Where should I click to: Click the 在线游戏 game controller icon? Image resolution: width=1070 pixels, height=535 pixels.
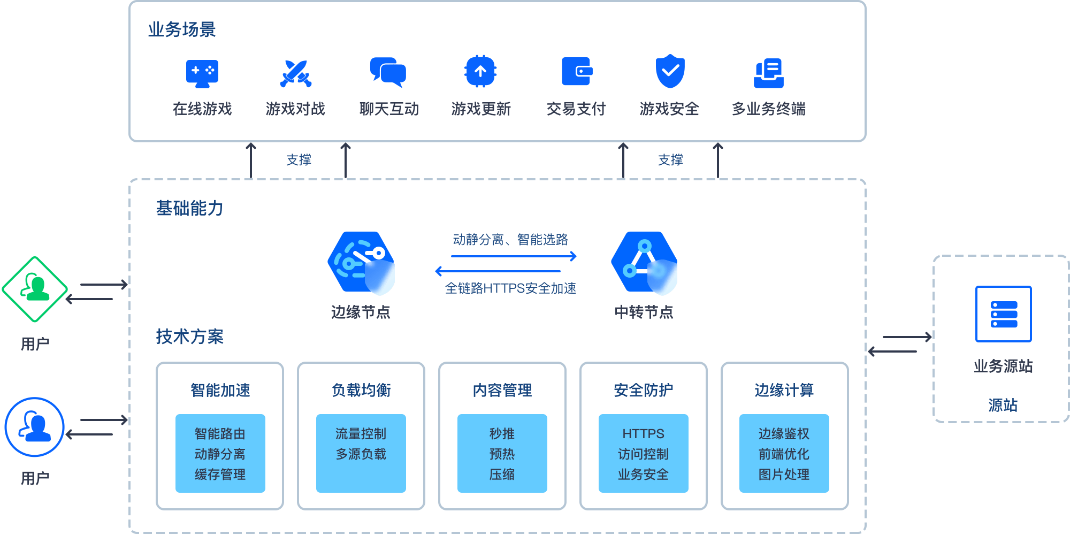202,74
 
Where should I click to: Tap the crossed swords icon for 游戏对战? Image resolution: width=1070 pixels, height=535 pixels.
295,73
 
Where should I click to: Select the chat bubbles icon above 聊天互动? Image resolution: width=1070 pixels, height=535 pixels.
388,72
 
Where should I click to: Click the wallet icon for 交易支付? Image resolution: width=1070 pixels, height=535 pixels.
577,71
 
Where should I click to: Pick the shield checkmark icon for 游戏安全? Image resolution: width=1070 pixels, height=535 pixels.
670,71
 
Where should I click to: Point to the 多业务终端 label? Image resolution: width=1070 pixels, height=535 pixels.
768,109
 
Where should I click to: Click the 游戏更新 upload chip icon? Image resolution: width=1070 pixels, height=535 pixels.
480,71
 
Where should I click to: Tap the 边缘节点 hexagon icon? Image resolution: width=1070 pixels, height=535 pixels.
361,263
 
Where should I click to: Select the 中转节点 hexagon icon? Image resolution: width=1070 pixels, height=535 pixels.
644,263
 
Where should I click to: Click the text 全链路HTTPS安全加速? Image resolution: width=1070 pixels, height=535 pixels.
510,288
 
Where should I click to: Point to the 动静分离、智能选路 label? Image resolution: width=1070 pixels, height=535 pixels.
510,239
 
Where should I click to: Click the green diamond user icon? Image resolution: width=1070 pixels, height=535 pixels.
35,289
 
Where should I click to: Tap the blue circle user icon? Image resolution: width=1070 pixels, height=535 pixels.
35,427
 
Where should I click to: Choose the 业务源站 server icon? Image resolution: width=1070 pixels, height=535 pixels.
1003,314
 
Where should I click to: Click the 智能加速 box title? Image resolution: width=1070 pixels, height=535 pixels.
220,390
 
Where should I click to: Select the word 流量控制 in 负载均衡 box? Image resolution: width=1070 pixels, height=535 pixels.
361,433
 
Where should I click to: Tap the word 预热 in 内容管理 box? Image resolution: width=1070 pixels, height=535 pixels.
502,454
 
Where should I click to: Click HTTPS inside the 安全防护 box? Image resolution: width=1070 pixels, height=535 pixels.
643,433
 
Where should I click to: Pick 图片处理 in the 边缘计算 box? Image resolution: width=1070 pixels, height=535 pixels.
784,474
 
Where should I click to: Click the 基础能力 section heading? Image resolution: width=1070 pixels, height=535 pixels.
190,208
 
